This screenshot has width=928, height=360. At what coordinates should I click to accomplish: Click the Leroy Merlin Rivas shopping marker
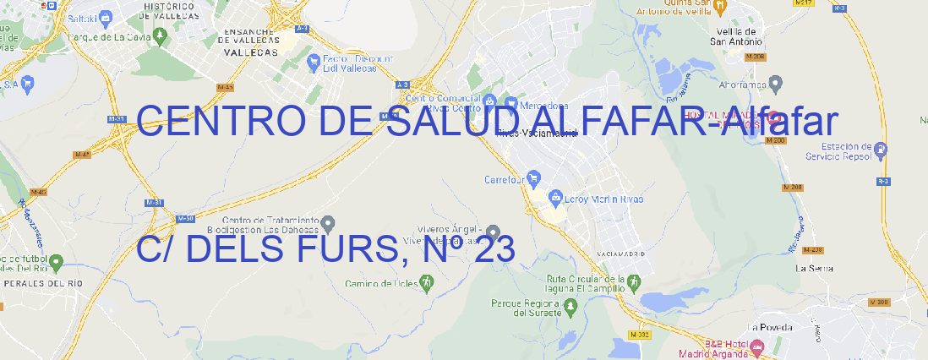coord(555,198)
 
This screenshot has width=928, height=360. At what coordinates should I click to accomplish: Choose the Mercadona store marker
coord(510,104)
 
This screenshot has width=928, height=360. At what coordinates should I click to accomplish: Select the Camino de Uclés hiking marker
coord(425,282)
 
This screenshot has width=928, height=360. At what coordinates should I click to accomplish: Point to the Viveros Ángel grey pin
coord(493,231)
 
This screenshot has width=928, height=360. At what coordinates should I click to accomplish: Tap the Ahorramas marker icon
coord(777,82)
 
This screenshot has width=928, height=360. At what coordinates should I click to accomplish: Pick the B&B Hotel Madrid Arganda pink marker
coord(757,346)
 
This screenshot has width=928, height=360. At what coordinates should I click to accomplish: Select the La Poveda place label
coord(770,327)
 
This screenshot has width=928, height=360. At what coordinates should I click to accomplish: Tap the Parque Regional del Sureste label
coord(526,307)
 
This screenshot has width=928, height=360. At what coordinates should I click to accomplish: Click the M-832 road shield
coord(642,335)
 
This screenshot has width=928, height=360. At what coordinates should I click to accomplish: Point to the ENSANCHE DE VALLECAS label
coord(251,39)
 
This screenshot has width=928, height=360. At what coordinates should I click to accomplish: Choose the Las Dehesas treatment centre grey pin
coord(330,223)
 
